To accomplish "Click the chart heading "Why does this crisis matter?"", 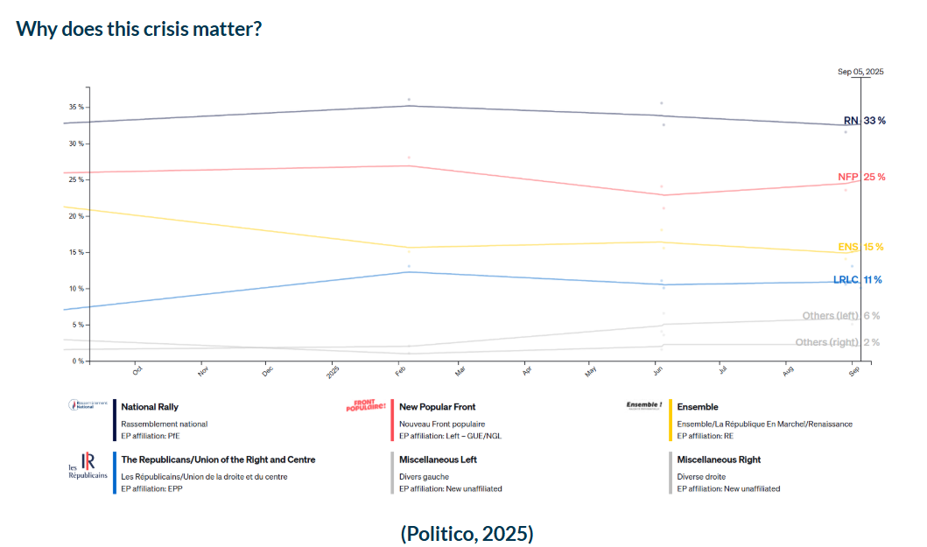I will click(x=139, y=28).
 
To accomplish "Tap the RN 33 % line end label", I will click(x=864, y=121).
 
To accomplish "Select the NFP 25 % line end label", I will click(x=861, y=177).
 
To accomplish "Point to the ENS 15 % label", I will click(x=861, y=247).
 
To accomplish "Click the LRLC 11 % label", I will click(x=857, y=280).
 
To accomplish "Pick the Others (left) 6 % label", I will click(x=840, y=316).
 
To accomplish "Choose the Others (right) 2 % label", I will click(x=837, y=342).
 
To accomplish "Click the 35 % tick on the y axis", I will click(x=77, y=107).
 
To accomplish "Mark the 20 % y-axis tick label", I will click(x=77, y=216).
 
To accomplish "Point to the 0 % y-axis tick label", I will click(x=79, y=361).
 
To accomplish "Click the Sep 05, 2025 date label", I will click(x=860, y=72).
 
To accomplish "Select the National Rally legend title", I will click(x=151, y=407).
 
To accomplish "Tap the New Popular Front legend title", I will click(x=437, y=407).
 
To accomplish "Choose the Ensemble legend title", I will click(x=698, y=407).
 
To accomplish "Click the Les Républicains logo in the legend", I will click(x=88, y=466).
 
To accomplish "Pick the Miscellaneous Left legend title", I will click(x=438, y=459).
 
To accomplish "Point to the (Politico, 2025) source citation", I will click(x=467, y=533).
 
